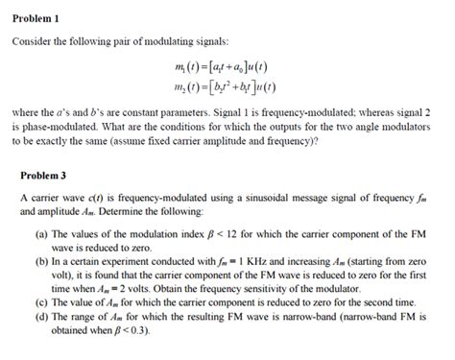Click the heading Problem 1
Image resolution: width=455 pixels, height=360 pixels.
tap(36, 19)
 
